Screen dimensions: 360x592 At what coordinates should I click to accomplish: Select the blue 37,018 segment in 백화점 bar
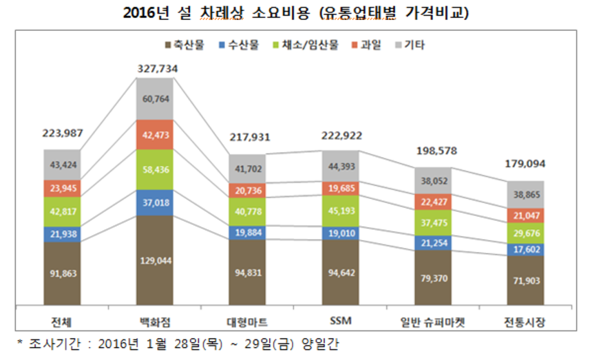[155, 202]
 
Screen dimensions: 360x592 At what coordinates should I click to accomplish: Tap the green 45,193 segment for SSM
[341, 211]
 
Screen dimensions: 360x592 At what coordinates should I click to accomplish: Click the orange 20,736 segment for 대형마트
[248, 191]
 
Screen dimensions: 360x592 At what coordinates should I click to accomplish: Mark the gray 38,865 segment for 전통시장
[526, 195]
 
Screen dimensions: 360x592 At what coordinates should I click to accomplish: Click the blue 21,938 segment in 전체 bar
[62, 234]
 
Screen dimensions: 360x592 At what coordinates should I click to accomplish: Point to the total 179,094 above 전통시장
[526, 164]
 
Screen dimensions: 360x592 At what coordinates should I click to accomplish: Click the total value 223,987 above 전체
[62, 134]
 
